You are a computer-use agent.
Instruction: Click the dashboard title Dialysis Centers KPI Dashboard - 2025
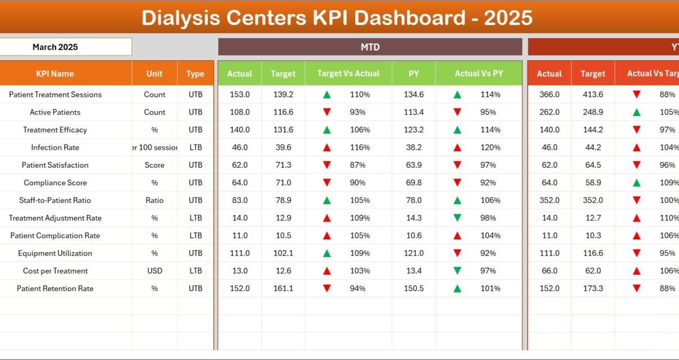click(x=337, y=18)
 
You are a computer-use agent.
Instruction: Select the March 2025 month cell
click(x=55, y=47)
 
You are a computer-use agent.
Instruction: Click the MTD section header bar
click(x=370, y=47)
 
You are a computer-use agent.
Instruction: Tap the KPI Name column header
click(x=55, y=73)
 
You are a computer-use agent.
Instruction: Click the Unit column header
click(x=154, y=73)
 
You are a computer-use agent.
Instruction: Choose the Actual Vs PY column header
click(x=479, y=73)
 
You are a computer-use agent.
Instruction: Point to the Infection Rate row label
click(x=55, y=147)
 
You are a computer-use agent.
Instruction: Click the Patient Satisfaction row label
click(x=55, y=165)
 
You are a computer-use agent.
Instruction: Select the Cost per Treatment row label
click(x=55, y=271)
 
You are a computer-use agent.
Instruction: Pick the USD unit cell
click(x=154, y=271)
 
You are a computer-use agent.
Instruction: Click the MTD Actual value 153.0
click(x=240, y=95)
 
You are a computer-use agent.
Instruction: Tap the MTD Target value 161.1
click(x=283, y=288)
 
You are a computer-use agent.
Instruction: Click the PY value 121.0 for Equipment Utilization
click(x=414, y=253)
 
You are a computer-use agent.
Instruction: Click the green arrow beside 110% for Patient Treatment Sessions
click(x=327, y=95)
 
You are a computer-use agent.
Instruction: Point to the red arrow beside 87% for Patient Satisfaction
click(x=327, y=165)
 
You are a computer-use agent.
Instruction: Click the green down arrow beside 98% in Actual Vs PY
click(x=457, y=218)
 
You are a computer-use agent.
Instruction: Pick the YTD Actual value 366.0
click(x=549, y=95)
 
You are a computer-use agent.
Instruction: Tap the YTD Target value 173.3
click(x=593, y=288)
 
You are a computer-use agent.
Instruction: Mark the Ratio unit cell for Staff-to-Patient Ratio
click(x=154, y=200)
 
